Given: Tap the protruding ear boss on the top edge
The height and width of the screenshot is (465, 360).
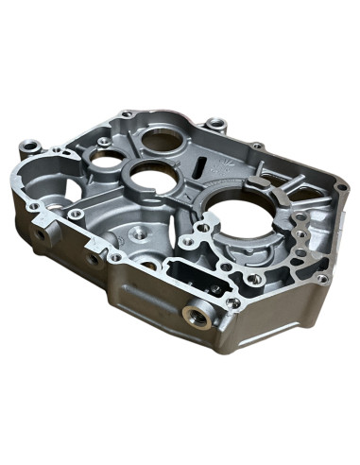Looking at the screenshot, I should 216,123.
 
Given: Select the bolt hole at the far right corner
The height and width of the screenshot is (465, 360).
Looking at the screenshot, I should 339,189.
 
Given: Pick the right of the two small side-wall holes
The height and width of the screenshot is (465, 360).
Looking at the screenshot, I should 94,257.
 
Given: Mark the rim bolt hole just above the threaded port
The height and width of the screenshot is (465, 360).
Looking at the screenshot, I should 232,302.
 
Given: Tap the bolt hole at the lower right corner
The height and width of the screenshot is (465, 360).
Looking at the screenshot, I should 322,279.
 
